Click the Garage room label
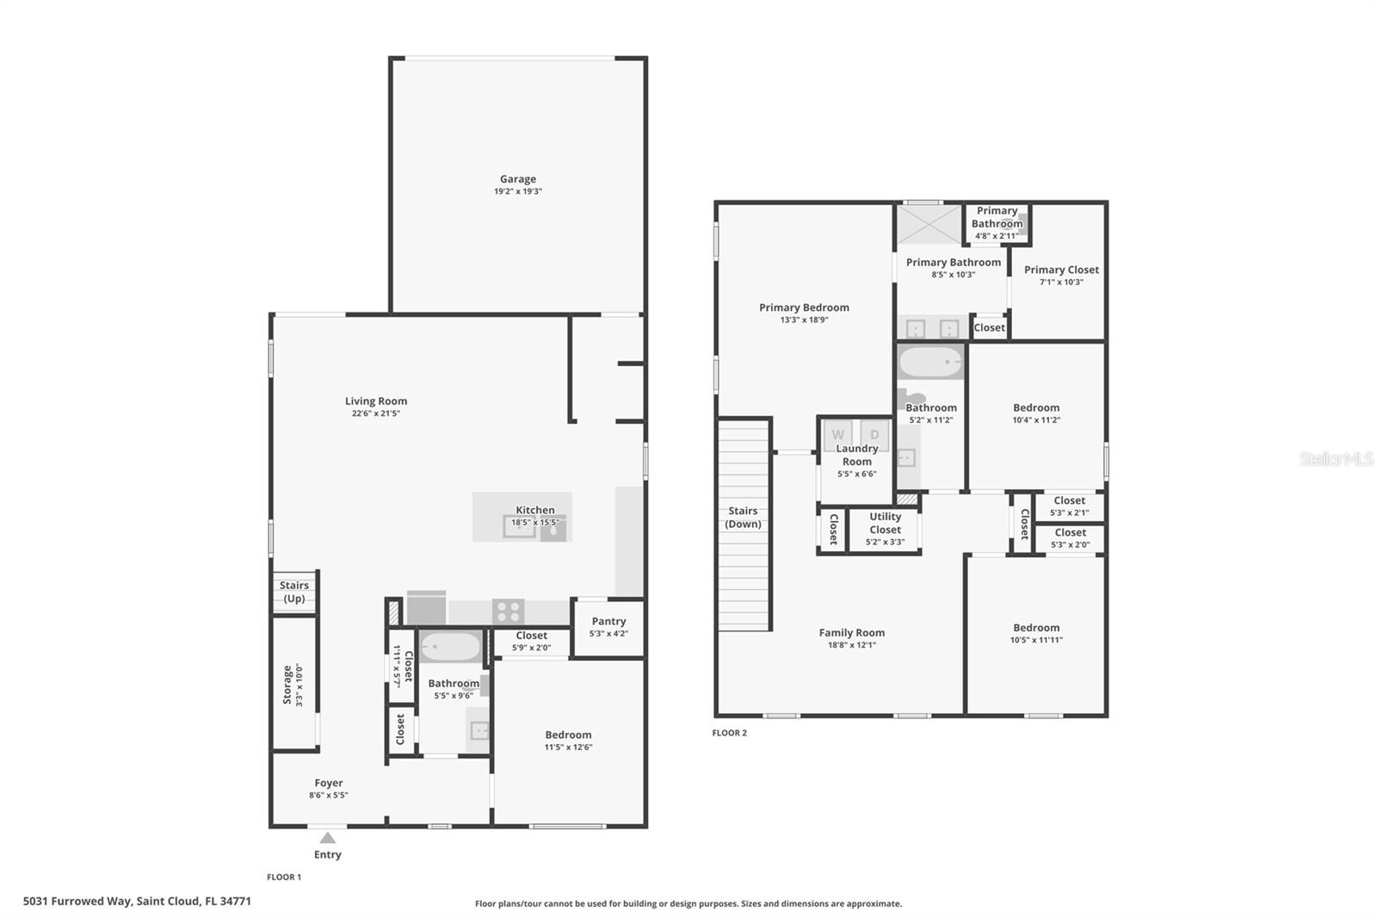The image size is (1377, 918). click(x=517, y=179)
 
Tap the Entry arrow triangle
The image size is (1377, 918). click(x=328, y=838)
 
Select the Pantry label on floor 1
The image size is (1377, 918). click(x=608, y=621)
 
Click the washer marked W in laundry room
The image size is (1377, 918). click(x=837, y=435)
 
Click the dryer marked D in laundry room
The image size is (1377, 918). click(x=875, y=435)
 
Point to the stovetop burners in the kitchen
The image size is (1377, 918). click(x=509, y=611)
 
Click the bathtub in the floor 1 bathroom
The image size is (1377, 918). click(x=450, y=647)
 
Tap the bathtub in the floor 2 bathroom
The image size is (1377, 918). click(x=930, y=363)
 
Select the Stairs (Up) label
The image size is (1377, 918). click(x=294, y=592)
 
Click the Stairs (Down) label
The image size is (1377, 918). click(x=743, y=517)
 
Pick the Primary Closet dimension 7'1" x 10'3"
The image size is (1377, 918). click(x=1061, y=282)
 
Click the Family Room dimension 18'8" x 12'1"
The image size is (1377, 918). click(x=851, y=645)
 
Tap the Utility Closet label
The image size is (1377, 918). click(x=885, y=523)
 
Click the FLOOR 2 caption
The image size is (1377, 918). click(x=730, y=733)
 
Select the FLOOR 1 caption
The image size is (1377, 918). click(x=284, y=877)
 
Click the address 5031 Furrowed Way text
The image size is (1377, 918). click(x=137, y=902)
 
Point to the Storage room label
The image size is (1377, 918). click(x=287, y=685)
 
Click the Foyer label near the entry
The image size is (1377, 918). click(x=329, y=783)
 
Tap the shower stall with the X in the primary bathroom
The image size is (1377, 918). click(x=929, y=225)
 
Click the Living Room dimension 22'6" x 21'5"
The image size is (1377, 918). click(x=376, y=413)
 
